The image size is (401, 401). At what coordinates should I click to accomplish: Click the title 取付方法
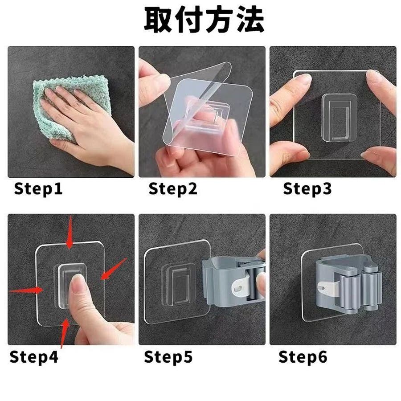204,20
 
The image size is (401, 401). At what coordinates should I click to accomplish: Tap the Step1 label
38,189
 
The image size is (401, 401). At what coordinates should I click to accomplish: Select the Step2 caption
173,189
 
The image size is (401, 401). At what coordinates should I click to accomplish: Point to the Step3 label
307,189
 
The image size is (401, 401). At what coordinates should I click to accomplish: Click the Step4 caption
34,357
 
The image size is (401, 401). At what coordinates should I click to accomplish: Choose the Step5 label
168,357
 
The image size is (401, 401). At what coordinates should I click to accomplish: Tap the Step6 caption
303,357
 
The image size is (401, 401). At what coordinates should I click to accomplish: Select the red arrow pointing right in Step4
25,290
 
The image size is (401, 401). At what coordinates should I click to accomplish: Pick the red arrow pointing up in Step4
65,333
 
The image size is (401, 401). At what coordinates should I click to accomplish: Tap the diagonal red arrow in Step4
114,269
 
